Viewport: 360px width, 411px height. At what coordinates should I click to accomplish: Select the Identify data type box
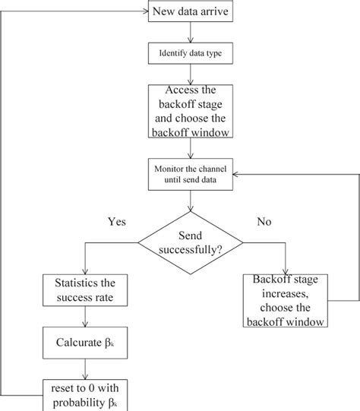pyautogui.click(x=190, y=54)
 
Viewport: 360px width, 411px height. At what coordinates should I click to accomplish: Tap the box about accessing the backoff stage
pyautogui.click(x=190, y=112)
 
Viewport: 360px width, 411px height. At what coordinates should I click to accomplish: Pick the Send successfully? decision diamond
pyautogui.click(x=190, y=242)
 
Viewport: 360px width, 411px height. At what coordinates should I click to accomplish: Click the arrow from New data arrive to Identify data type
pyautogui.click(x=190, y=33)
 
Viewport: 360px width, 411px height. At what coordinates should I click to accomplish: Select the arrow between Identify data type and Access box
pyautogui.click(x=190, y=74)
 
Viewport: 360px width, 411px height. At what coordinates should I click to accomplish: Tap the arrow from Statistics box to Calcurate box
pyautogui.click(x=84, y=315)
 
